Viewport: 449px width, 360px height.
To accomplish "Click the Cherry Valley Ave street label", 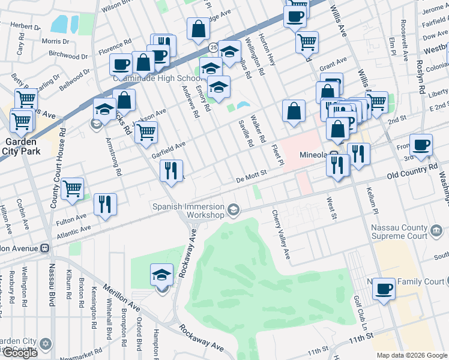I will pyautogui.click(x=281, y=235).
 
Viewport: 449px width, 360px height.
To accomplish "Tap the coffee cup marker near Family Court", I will pyautogui.click(x=384, y=290).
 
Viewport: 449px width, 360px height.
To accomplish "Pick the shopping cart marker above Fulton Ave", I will pyautogui.click(x=72, y=189).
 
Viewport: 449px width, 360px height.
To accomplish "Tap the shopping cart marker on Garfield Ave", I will pyautogui.click(x=146, y=132).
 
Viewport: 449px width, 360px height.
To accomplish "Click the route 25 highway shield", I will pyautogui.click(x=212, y=47).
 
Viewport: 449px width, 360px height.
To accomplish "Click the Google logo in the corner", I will pyautogui.click(x=20, y=353).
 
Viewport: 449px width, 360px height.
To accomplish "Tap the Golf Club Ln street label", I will pyautogui.click(x=360, y=311).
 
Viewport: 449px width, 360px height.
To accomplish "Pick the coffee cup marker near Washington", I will pyautogui.click(x=421, y=145).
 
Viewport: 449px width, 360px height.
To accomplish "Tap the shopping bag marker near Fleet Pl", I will pyautogui.click(x=293, y=111).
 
